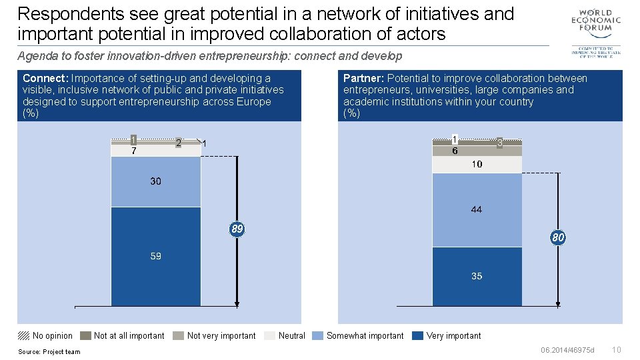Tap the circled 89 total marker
point(237,229)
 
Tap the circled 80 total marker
point(558,237)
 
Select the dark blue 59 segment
point(155,257)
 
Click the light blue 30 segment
point(155,182)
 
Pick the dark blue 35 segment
point(477,276)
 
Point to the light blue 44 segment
point(477,209)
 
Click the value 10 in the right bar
point(477,164)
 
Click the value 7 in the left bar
point(134,151)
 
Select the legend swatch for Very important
point(417,335)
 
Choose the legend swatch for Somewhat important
point(317,335)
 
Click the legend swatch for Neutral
point(269,335)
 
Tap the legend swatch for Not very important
point(178,335)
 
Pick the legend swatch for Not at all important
point(85,335)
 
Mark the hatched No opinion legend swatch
point(23,335)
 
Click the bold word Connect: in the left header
point(45,78)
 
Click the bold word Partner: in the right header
point(363,78)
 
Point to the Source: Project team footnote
point(49,352)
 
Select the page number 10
point(616,350)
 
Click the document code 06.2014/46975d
point(567,350)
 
